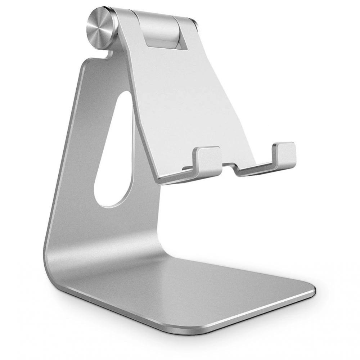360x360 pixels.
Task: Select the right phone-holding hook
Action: coord(284,153)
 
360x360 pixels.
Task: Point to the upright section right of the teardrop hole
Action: coord(144,180)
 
